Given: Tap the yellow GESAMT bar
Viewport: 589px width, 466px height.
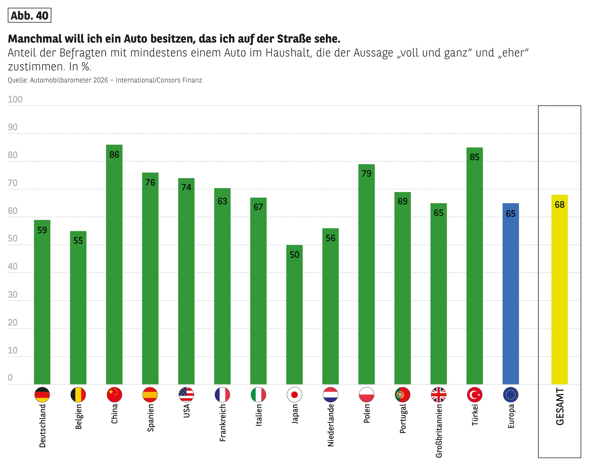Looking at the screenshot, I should pyautogui.click(x=560, y=289).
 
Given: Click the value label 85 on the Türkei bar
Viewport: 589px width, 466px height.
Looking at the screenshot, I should pyautogui.click(x=475, y=157).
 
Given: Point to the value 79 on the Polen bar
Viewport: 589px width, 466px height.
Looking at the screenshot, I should pyautogui.click(x=367, y=174).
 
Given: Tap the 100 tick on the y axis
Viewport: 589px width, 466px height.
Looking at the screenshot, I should pyautogui.click(x=15, y=99).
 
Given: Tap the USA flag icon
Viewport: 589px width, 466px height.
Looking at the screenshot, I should pyautogui.click(x=186, y=394).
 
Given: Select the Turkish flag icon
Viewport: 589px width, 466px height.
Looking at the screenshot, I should pyautogui.click(x=475, y=394).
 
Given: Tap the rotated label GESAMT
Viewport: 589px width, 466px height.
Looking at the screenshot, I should pyautogui.click(x=560, y=407).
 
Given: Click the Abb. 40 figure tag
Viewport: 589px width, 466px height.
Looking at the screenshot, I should pyautogui.click(x=29, y=16).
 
